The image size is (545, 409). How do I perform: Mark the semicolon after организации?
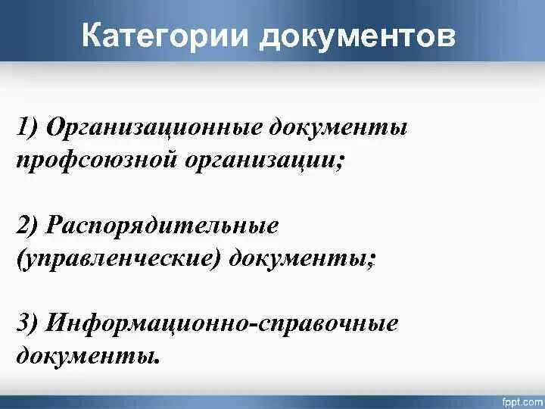pos(337,161)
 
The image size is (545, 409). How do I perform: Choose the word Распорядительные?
pos(163,226)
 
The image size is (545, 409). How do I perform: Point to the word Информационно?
pos(150,323)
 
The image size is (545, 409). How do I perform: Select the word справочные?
pos(330,323)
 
